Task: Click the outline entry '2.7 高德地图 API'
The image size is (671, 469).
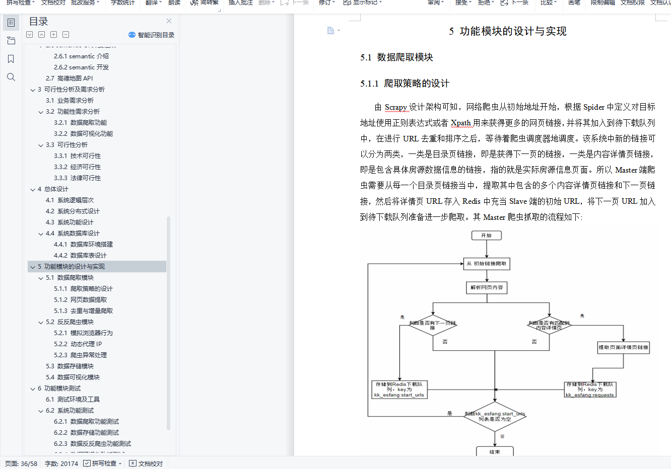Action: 70,79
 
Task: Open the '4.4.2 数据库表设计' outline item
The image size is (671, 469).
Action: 80,256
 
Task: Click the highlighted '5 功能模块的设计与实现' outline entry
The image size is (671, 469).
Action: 71,267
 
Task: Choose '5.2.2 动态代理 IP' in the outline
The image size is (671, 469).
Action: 78,344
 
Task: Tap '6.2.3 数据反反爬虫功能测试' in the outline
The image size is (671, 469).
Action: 92,444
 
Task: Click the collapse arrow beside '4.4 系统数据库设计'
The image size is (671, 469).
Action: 41,233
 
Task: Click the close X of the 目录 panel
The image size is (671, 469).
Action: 169,21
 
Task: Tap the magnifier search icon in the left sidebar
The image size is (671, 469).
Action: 11,77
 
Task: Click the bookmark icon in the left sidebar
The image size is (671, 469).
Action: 11,59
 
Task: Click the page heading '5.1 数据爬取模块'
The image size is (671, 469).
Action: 396,57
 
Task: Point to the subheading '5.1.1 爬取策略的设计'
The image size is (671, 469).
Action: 405,84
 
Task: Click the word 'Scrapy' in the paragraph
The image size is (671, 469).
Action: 395,107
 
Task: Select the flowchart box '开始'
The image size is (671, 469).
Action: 486,236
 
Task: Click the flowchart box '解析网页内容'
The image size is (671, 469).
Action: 486,287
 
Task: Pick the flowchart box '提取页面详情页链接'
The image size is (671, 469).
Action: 623,347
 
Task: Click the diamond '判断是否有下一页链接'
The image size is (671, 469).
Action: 432,325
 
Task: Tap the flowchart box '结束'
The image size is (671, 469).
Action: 495,451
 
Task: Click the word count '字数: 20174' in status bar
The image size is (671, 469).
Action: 61,463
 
